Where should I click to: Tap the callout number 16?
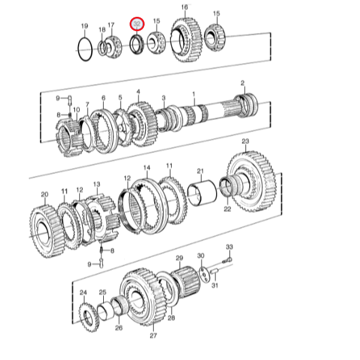click(x=184, y=7)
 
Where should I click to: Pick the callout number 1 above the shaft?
click(x=194, y=94)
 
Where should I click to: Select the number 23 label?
click(x=245, y=141)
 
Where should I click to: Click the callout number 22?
click(x=227, y=209)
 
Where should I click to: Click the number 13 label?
click(x=97, y=184)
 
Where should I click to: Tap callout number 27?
click(x=152, y=335)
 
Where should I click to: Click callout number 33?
click(x=229, y=247)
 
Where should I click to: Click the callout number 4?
click(x=138, y=92)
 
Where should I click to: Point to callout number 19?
click(x=84, y=26)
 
